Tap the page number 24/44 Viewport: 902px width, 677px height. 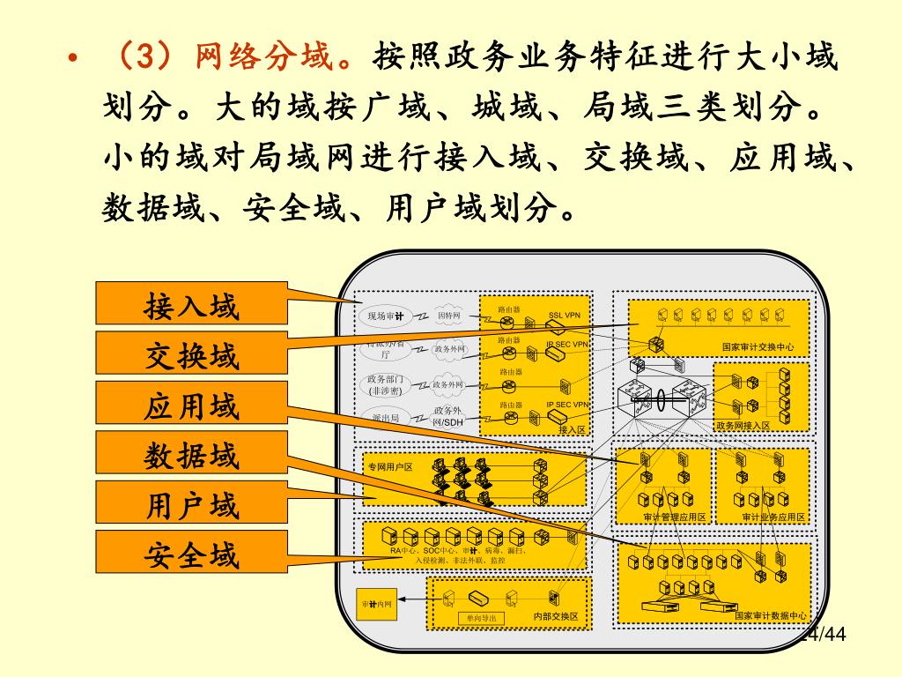[x=824, y=635]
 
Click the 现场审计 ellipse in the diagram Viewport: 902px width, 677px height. [x=386, y=316]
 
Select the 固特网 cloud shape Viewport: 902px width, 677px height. [x=448, y=315]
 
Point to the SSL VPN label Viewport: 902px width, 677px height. [x=565, y=315]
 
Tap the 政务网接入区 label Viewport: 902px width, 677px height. [x=743, y=426]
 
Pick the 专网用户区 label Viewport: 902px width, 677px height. [x=390, y=466]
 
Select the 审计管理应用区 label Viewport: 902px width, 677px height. [x=675, y=517]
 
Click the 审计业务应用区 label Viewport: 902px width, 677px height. [x=773, y=517]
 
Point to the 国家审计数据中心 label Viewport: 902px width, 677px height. [x=771, y=615]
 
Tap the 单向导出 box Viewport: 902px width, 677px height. [x=481, y=618]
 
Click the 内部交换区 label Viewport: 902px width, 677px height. [x=556, y=616]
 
